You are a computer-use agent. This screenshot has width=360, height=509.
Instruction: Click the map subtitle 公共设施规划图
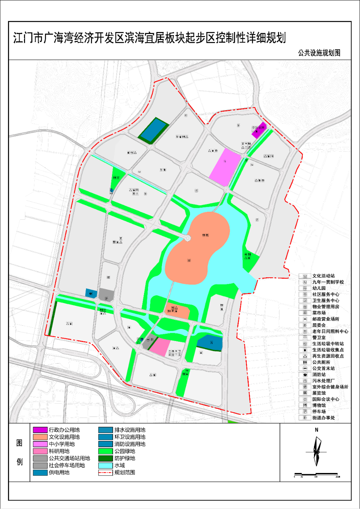tap(319, 53)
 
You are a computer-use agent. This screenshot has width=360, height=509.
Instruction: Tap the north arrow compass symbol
tap(316, 451)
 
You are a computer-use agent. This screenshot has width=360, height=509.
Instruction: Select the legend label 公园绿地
tap(125, 451)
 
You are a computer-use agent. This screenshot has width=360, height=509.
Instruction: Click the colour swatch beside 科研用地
tap(40, 451)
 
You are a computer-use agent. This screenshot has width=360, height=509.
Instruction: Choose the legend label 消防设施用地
tap(130, 444)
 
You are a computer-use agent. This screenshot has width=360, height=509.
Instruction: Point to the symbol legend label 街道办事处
tap(326, 418)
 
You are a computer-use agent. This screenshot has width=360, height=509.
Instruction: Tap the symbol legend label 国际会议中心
tap(328, 399)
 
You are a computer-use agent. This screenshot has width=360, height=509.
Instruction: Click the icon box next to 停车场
tap(305, 412)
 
